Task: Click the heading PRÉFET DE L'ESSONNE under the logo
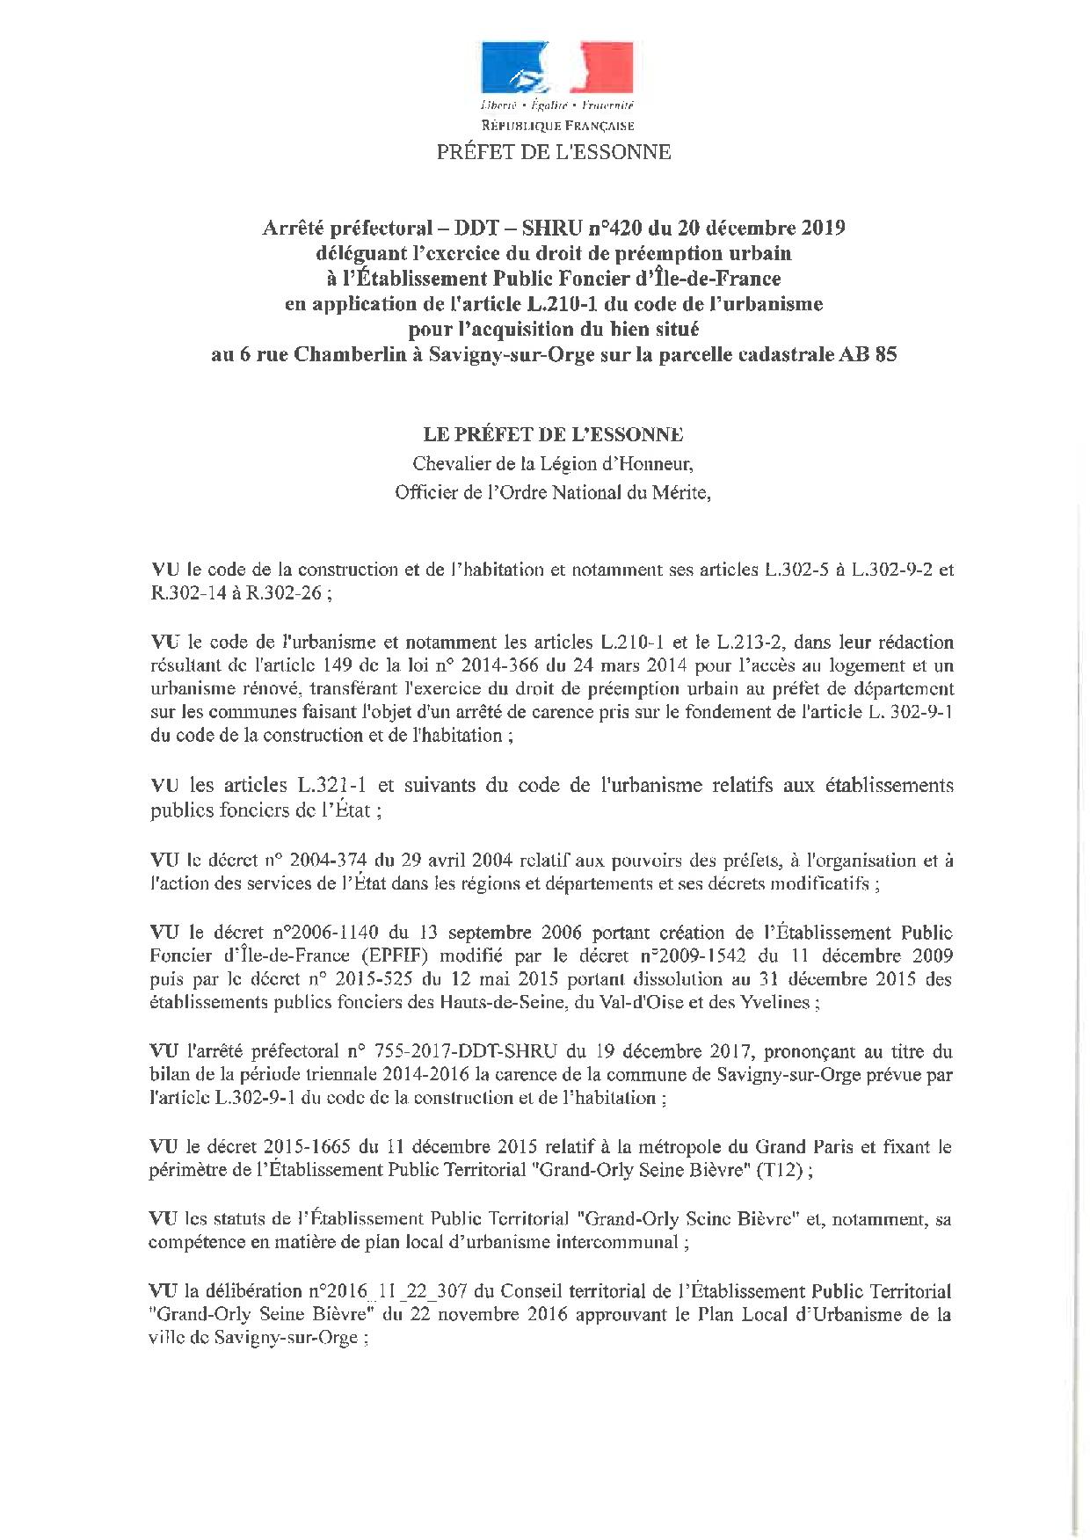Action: tap(554, 152)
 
